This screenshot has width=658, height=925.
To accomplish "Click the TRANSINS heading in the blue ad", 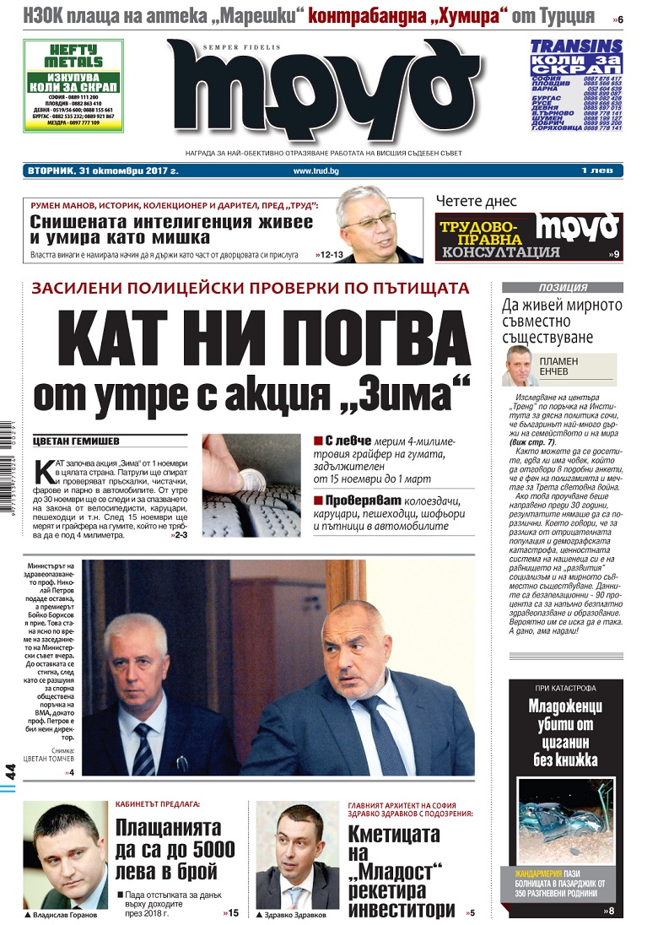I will coord(576,48).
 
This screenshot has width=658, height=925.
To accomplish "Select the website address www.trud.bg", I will coord(316,171).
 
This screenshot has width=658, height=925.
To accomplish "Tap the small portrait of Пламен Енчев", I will coord(521,365).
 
